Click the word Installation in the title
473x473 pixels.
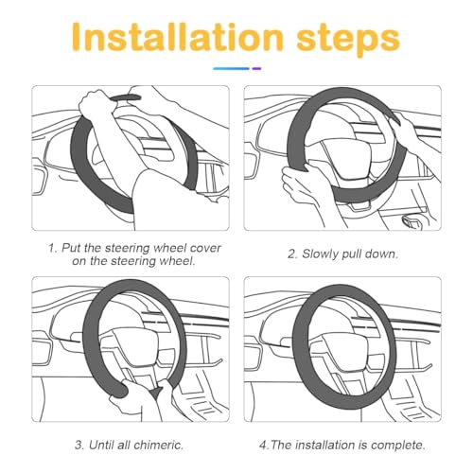pyautogui.click(x=178, y=37)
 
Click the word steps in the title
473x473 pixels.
pyautogui.click(x=348, y=40)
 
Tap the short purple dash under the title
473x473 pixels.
pyautogui.click(x=256, y=68)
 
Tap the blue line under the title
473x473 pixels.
pyautogui.click(x=231, y=68)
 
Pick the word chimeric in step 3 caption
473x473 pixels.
pyautogui.click(x=159, y=445)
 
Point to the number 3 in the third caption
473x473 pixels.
pyautogui.click(x=79, y=446)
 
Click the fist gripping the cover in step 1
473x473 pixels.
pyautogui.click(x=96, y=104)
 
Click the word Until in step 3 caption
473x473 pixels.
pyautogui.click(x=101, y=445)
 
